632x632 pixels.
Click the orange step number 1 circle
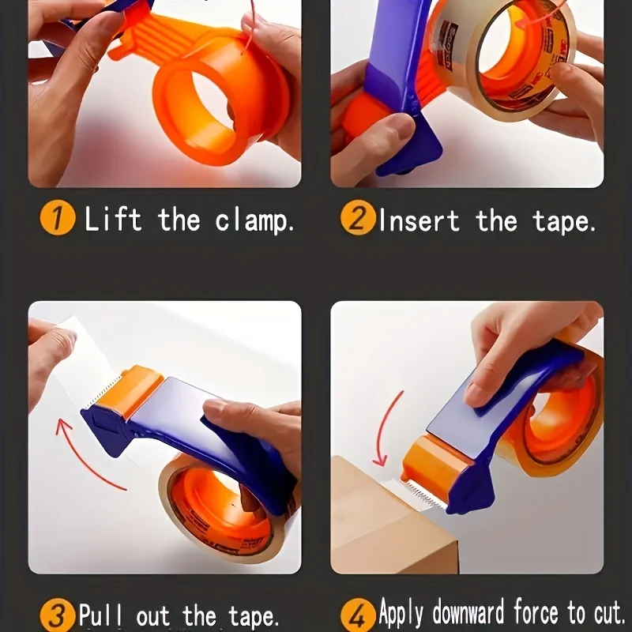point(57,218)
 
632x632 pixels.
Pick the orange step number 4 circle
point(358,614)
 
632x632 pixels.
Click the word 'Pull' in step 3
point(100,615)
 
